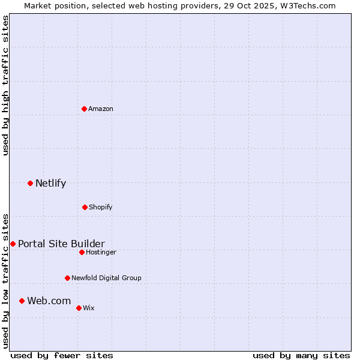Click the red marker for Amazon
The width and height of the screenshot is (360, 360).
click(x=84, y=109)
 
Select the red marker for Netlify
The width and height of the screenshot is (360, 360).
click(x=30, y=183)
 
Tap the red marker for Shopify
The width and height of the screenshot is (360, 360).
click(x=85, y=207)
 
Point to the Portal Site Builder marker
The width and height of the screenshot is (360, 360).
click(x=13, y=244)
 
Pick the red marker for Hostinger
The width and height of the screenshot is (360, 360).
click(x=82, y=252)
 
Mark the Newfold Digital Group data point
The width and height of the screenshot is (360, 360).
click(x=67, y=278)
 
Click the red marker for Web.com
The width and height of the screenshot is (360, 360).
click(x=22, y=301)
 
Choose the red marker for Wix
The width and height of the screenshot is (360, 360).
click(x=79, y=308)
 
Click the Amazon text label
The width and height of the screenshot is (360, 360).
click(x=101, y=109)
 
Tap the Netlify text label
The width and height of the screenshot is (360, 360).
click(x=50, y=184)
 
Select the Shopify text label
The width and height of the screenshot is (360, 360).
click(x=101, y=208)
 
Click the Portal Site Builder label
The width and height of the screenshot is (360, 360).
click(x=61, y=244)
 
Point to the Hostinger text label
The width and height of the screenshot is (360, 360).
click(x=101, y=253)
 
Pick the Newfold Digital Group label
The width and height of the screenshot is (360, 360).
click(x=106, y=278)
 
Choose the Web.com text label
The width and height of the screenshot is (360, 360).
click(x=49, y=301)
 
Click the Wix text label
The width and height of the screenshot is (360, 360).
click(x=89, y=308)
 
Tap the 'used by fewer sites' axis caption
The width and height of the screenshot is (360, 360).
click(x=62, y=355)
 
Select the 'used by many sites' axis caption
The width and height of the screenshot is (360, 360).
click(x=301, y=355)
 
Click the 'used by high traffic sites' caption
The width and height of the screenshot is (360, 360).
click(x=5, y=85)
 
